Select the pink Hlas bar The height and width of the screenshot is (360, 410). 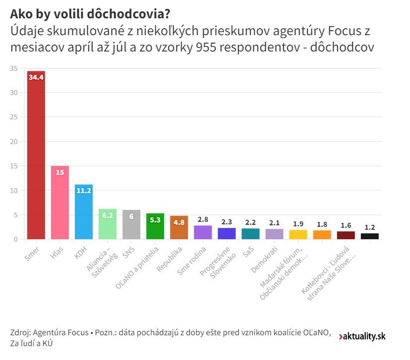coord(60,203)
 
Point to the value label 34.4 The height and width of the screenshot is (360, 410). coord(36,77)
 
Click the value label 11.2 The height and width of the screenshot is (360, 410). coord(84,190)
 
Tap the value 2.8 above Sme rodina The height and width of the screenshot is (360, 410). coord(203,219)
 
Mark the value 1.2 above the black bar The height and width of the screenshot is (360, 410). coord(369,227)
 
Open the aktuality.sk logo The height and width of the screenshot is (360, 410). coord(362,336)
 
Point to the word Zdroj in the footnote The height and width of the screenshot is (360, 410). coord(19,333)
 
